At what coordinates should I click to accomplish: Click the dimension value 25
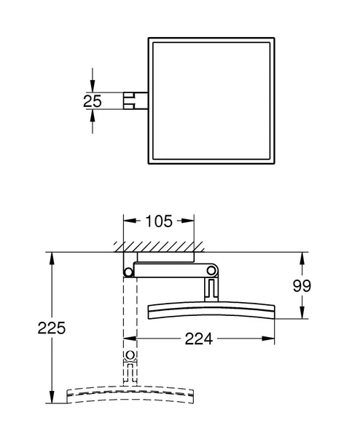pyautogui.click(x=93, y=101)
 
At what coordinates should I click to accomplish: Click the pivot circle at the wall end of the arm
pyautogui.click(x=129, y=272)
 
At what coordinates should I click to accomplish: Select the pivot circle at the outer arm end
pyautogui.click(x=211, y=272)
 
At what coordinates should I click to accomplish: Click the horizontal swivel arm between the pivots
pyautogui.click(x=171, y=272)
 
